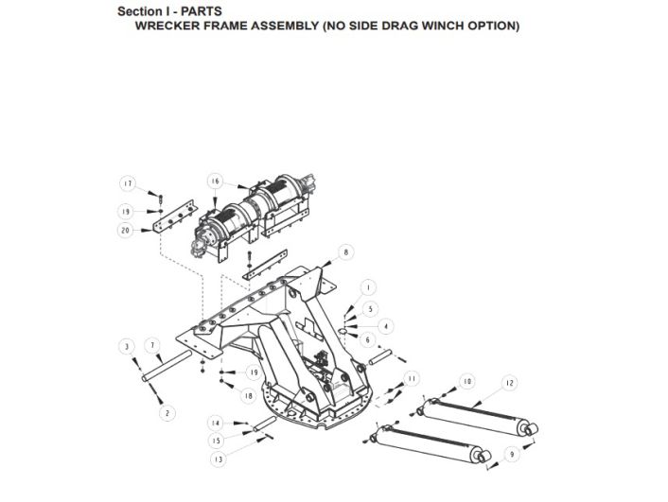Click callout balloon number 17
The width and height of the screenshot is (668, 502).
127,184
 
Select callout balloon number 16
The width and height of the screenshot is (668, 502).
215,182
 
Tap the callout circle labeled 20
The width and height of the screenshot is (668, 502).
125,231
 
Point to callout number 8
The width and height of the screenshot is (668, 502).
345,252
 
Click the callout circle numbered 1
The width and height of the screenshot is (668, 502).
368,287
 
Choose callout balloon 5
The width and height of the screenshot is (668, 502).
370,309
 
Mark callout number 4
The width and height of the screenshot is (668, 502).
385,326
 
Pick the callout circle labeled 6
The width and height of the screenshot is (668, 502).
368,340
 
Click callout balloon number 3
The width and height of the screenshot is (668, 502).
127,347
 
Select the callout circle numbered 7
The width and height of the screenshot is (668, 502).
152,346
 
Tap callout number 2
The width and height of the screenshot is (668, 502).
167,413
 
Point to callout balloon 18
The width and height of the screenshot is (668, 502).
248,396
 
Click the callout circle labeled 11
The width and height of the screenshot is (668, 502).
411,378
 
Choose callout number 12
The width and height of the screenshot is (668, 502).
510,383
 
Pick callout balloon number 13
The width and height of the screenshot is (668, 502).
219,459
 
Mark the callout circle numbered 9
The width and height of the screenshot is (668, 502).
512,454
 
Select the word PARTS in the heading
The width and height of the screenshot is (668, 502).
202,11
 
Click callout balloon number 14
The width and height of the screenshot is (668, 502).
216,423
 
